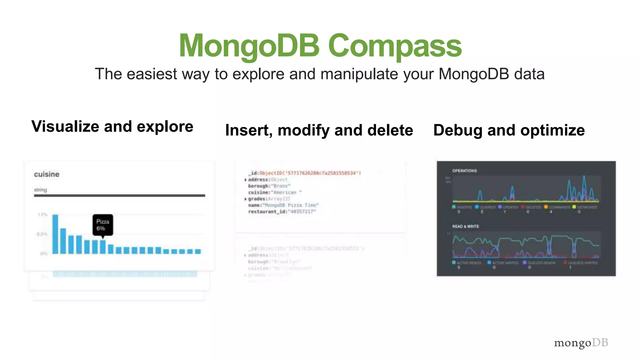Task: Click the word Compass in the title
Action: [x=394, y=46]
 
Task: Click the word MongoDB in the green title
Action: [x=249, y=46]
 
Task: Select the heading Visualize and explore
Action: [x=112, y=127]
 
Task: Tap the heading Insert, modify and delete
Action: [x=319, y=130]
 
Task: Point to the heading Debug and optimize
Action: [x=509, y=130]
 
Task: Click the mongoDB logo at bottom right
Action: [x=581, y=343]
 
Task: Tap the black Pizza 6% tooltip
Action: [x=103, y=225]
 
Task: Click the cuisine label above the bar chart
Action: [x=47, y=174]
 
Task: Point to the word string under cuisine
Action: [x=40, y=190]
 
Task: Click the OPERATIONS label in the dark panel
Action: [x=464, y=171]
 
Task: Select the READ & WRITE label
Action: [x=465, y=226]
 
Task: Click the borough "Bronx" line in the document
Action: [x=269, y=186]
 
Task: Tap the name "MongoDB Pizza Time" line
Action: [x=283, y=205]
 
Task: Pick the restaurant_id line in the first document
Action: [x=282, y=212]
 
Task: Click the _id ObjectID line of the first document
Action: [x=304, y=173]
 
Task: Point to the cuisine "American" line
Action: [x=275, y=192]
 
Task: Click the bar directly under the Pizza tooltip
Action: [x=103, y=247]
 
